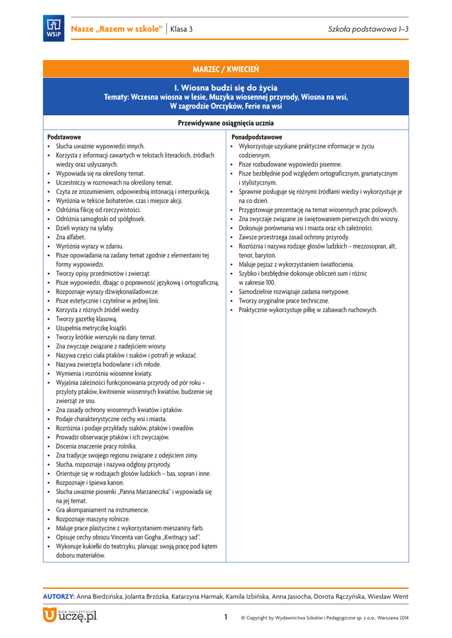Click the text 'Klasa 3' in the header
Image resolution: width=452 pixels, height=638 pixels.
pos(181,29)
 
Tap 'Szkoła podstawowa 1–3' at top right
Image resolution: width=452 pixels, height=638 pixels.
pos(368,29)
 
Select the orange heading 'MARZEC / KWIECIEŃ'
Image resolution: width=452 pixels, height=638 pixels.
pos(226,68)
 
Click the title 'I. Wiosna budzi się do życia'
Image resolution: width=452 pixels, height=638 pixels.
pos(226,88)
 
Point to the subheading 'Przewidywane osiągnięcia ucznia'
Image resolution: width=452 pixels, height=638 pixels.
pos(226,123)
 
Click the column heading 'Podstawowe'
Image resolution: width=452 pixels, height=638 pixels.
pos(64,136)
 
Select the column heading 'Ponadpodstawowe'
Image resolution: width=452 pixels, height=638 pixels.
pos(256,136)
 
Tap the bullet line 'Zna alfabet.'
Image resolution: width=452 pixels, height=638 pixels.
pos(70,237)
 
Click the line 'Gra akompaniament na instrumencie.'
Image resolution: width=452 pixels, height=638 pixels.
pos(102,510)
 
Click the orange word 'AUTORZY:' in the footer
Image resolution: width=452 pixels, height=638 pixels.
pos(59,597)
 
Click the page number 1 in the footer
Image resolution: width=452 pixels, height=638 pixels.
pos(226,617)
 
